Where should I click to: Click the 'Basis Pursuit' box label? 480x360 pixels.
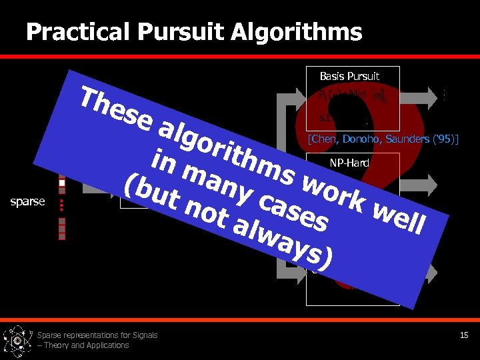point(349,76)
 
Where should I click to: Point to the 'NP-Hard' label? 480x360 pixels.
point(349,162)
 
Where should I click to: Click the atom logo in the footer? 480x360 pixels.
point(17,340)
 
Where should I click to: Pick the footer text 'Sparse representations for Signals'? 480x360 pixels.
point(97,335)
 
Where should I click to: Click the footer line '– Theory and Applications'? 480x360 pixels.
point(83,345)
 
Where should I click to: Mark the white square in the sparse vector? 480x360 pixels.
point(62,182)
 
